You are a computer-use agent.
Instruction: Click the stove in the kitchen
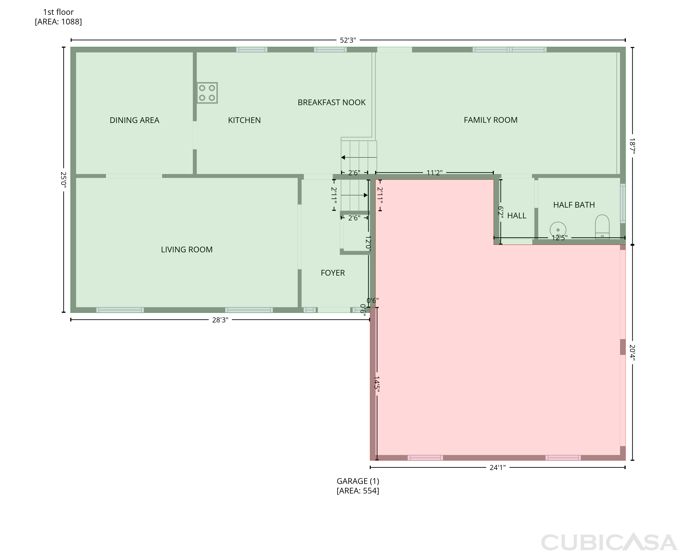click(207, 93)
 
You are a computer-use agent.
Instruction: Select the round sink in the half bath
click(558, 230)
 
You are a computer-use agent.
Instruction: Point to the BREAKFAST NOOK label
click(332, 102)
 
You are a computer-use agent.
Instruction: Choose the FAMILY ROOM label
click(491, 120)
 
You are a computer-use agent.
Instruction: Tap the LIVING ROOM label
click(187, 250)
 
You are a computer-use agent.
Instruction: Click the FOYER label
click(333, 273)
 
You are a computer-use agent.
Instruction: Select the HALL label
click(517, 216)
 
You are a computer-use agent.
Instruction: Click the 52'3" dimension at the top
click(348, 40)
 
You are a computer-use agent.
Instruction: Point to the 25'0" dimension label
click(64, 180)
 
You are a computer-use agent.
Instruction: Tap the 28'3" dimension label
click(220, 320)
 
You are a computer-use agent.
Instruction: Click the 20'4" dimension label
click(632, 352)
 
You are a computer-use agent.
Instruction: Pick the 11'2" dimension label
click(434, 173)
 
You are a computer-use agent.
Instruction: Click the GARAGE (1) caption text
click(358, 481)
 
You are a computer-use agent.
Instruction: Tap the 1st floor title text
click(58, 12)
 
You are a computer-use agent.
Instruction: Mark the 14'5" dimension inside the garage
click(377, 384)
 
